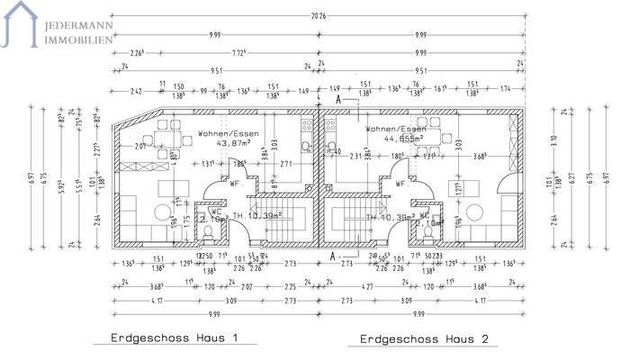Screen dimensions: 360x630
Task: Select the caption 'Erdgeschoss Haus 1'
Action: [173, 339]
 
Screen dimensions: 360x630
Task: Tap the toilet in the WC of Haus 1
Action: [209, 233]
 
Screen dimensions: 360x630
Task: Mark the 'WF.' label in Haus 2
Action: [400, 182]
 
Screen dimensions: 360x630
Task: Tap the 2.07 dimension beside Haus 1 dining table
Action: [139, 146]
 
